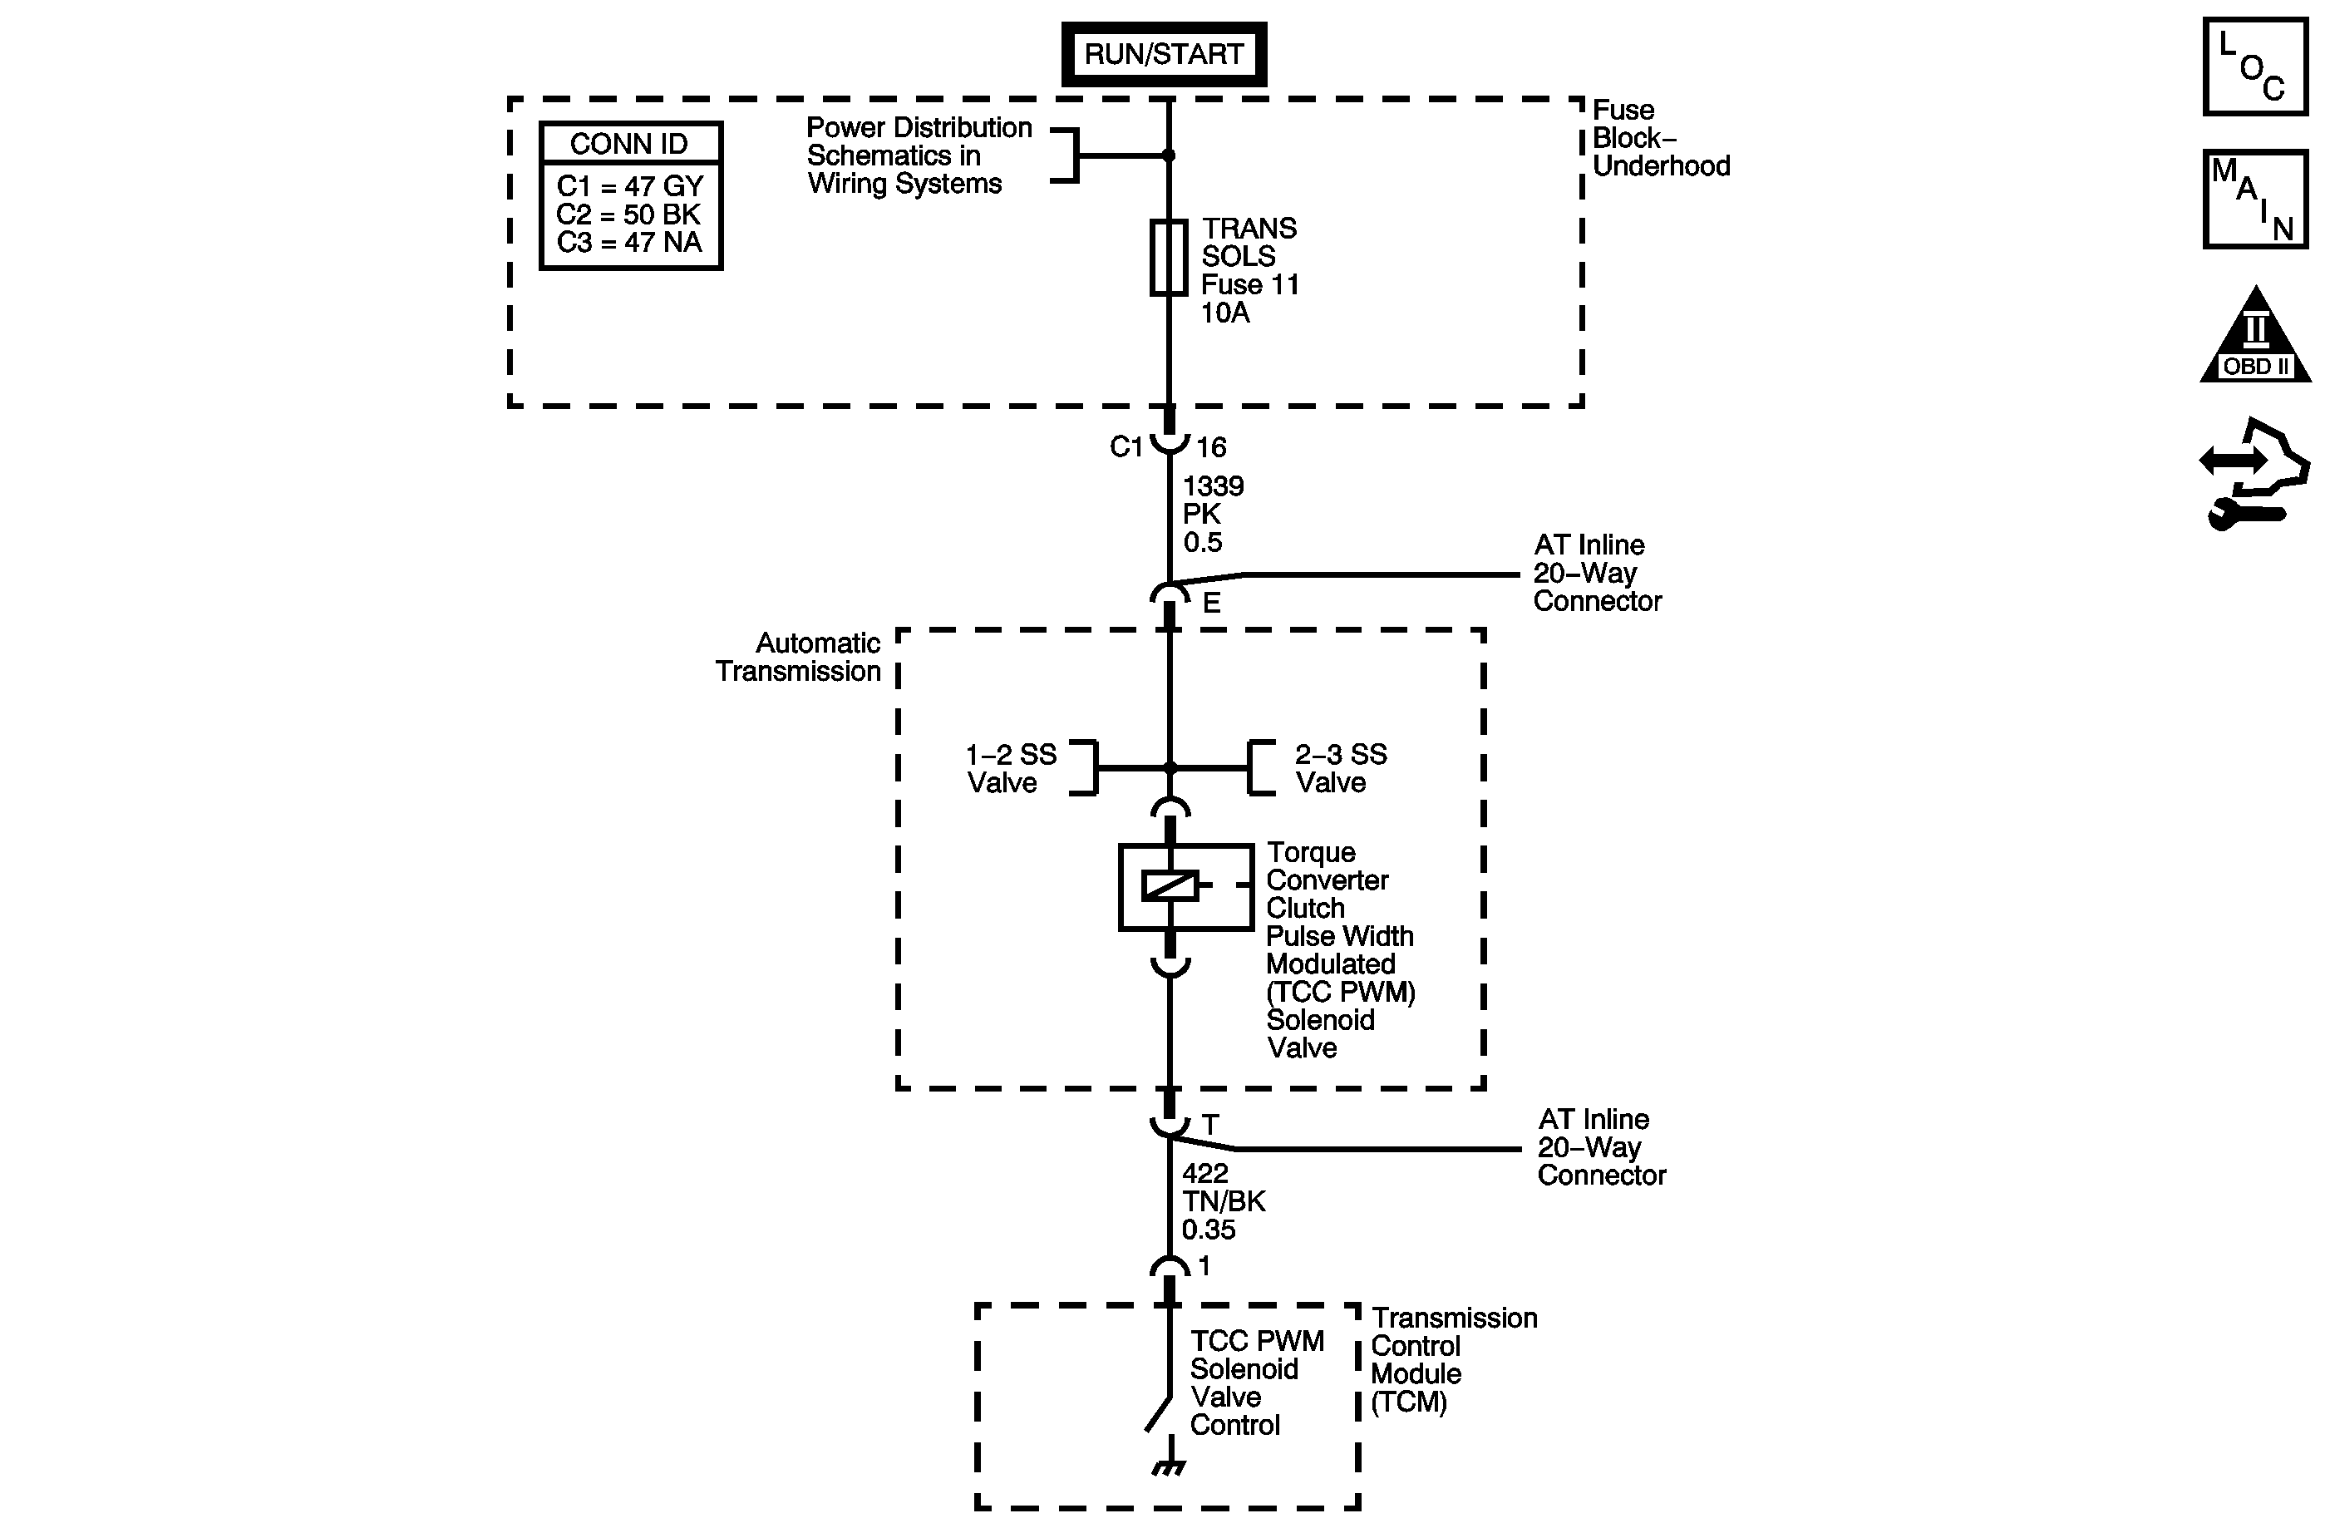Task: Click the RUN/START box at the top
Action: (1164, 54)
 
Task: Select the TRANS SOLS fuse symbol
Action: (1169, 257)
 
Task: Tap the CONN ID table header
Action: (630, 144)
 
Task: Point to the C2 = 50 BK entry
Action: (628, 214)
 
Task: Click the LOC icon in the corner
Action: (2256, 67)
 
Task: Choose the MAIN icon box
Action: (2256, 200)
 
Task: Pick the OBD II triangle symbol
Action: (2256, 334)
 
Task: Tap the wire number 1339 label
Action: (1214, 486)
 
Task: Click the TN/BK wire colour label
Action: (1223, 1200)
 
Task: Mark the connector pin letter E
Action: (1211, 603)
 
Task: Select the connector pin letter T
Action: (1210, 1125)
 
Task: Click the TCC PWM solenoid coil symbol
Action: (1170, 885)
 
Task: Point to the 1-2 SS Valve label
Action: (1011, 768)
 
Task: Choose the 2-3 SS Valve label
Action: (1340, 768)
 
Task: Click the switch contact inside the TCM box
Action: (1159, 1414)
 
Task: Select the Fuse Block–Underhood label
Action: (1661, 138)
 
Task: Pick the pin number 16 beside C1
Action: (1211, 447)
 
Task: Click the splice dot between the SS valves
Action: (1170, 768)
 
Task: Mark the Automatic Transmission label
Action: (798, 657)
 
